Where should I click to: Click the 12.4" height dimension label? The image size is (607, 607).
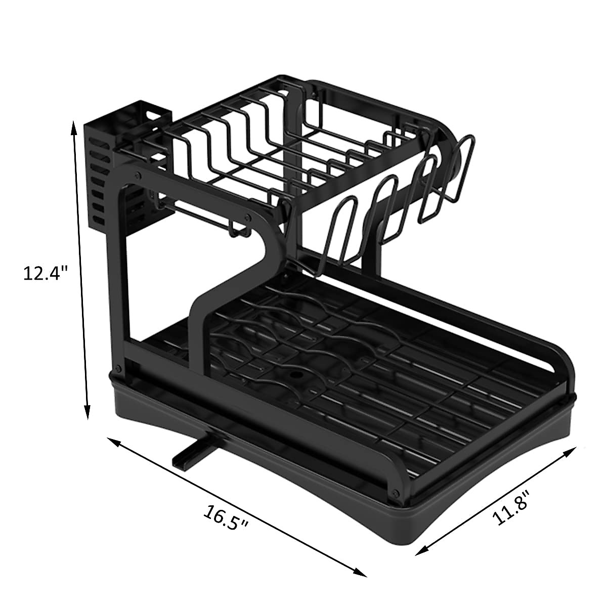click(46, 273)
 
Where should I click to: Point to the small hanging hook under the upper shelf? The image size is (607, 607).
click(238, 230)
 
